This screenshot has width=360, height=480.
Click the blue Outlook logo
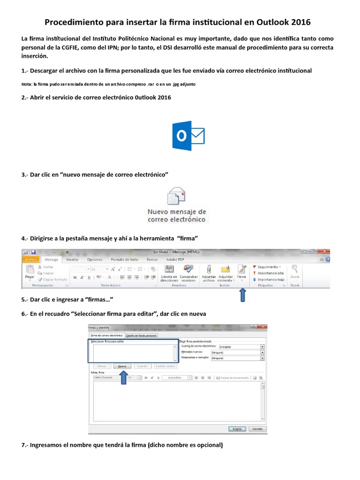(x=188, y=136)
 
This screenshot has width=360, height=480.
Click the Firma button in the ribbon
(x=241, y=272)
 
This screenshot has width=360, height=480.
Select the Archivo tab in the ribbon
(x=31, y=259)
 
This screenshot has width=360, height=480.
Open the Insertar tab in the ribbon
(x=72, y=259)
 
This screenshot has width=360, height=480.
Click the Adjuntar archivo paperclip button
(x=209, y=272)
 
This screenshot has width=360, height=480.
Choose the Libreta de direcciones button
(x=169, y=272)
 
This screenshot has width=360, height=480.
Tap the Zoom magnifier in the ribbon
(x=294, y=271)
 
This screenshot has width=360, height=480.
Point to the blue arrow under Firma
(x=243, y=295)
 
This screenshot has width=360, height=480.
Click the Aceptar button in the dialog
(x=237, y=428)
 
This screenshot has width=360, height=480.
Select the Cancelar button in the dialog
(x=257, y=428)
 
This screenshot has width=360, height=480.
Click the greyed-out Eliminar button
(x=101, y=366)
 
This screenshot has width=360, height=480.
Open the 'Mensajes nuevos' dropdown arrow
(x=262, y=352)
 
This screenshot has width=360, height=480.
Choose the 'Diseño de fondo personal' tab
(x=142, y=335)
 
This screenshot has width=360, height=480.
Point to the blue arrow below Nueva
(x=123, y=378)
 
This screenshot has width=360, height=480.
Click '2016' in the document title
(x=300, y=22)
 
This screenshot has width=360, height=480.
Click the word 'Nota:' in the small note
(x=27, y=84)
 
